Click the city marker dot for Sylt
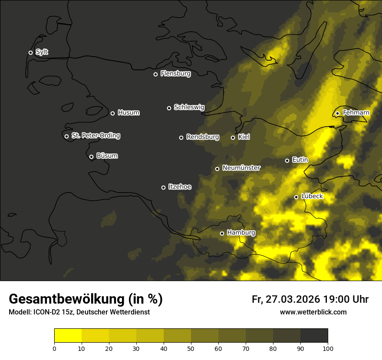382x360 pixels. [x=30, y=52]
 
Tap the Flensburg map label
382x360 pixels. [x=175, y=74]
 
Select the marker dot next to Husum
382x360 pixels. [x=112, y=113]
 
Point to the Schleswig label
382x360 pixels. [x=189, y=107]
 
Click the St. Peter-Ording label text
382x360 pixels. [x=95, y=136]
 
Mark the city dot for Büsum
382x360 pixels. [x=91, y=157]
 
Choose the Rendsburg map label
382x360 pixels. [x=202, y=137]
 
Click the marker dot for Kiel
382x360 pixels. [x=233, y=137]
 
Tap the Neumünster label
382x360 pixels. [x=241, y=168]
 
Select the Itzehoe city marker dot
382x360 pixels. [x=163, y=187]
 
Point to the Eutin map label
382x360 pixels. [x=300, y=160]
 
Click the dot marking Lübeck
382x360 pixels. [x=296, y=197]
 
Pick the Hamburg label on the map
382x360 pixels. [x=241, y=233]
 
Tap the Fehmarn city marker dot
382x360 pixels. [x=337, y=113]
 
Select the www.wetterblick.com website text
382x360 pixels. [x=313, y=312]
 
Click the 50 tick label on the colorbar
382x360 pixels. [x=191, y=348]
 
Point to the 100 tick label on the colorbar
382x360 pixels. [x=328, y=348]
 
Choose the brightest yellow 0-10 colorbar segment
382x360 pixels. [x=68, y=336]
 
